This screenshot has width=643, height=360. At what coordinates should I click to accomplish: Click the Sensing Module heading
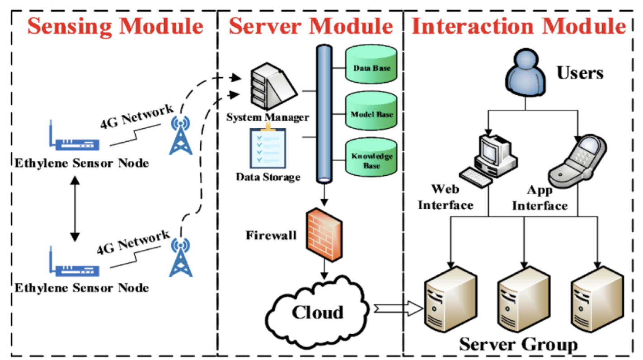tap(115, 26)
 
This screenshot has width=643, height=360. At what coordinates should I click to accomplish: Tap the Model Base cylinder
tap(371, 113)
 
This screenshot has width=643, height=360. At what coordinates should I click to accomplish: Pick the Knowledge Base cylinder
tap(371, 159)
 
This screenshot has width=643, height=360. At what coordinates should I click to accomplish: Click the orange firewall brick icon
tap(324, 235)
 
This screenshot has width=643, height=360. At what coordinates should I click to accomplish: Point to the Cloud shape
tap(316, 312)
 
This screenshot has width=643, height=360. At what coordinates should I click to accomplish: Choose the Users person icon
tap(525, 73)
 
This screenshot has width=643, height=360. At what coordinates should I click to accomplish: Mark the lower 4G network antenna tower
tap(181, 257)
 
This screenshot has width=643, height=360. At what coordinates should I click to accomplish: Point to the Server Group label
tap(518, 344)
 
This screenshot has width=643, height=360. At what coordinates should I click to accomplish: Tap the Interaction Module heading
tap(518, 26)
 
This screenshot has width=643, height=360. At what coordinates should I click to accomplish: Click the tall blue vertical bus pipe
tap(324, 113)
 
